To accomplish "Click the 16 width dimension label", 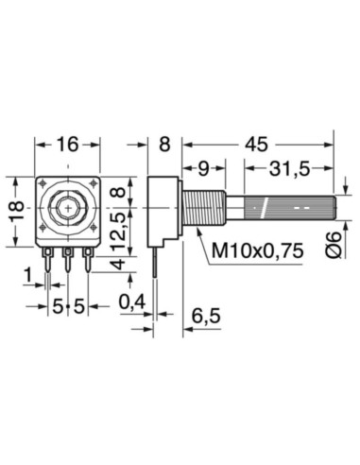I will point(66,145).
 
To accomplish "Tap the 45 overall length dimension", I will point(257,145).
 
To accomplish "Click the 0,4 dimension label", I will point(131,302).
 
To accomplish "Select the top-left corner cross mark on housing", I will point(44,183).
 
